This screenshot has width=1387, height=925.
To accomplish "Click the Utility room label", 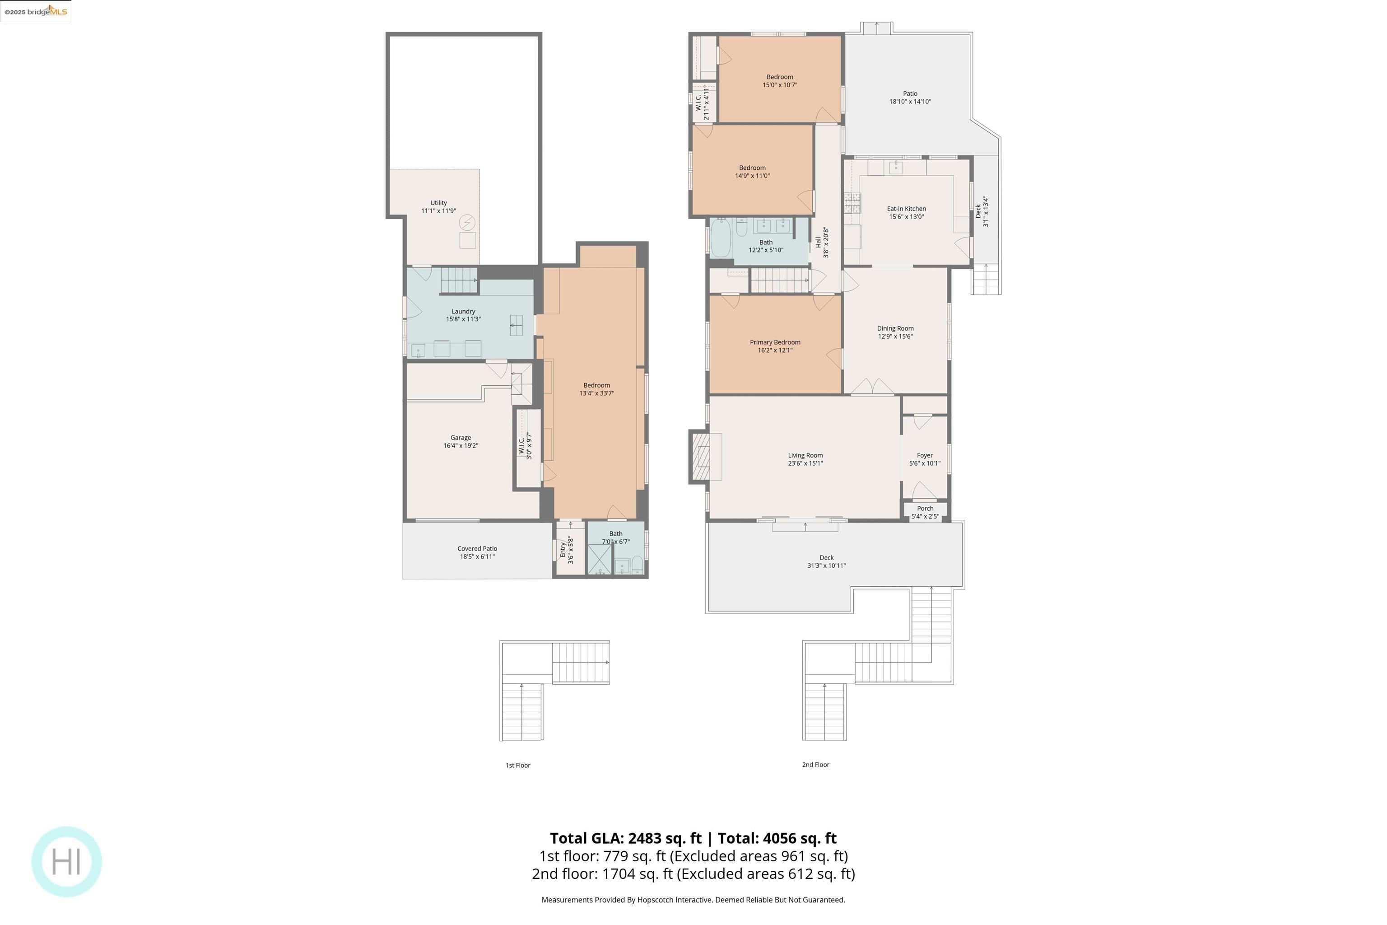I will pyautogui.click(x=438, y=203).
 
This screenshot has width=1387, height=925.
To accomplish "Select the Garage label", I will pyautogui.click(x=461, y=438).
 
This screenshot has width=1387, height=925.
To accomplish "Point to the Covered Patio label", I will pyautogui.click(x=477, y=549).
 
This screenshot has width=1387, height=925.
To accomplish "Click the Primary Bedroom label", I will pyautogui.click(x=775, y=342).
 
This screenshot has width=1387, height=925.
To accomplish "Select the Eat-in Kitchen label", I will pyautogui.click(x=907, y=209).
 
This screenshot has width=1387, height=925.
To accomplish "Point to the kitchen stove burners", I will pyautogui.click(x=852, y=202).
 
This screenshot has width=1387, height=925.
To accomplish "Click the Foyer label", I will pyautogui.click(x=924, y=455).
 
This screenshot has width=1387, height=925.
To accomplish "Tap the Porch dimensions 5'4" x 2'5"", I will pyautogui.click(x=925, y=517).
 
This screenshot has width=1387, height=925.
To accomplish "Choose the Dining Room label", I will pyautogui.click(x=894, y=329).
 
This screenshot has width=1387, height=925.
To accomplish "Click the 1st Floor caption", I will pyautogui.click(x=518, y=765).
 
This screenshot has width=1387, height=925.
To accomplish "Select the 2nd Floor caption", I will pyautogui.click(x=815, y=765).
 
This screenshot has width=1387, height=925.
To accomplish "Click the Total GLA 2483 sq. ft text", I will pyautogui.click(x=625, y=838).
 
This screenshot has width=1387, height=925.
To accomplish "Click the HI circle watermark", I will pyautogui.click(x=66, y=861).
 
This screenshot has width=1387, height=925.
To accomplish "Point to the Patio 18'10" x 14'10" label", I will pyautogui.click(x=910, y=98).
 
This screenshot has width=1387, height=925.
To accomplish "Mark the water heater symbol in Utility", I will pyautogui.click(x=467, y=222).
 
